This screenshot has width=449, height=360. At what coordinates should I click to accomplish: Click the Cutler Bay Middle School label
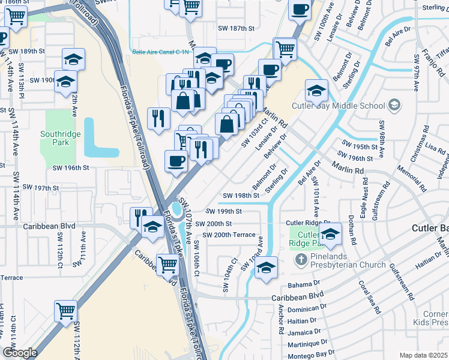(x=338, y=106)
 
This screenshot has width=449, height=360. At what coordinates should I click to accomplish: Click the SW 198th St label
(x=241, y=196)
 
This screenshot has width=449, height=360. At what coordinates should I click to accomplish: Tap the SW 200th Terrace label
(x=229, y=235)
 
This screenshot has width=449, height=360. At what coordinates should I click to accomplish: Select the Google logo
(x=20, y=352)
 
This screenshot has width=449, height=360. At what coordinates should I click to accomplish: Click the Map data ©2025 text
(x=423, y=355)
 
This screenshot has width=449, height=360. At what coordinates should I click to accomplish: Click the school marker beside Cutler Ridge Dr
(x=330, y=233)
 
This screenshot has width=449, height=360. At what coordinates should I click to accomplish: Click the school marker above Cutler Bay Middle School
(x=316, y=90)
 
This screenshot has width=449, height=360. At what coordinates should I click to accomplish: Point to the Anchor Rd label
(x=281, y=322)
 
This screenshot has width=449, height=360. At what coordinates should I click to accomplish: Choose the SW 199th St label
(x=223, y=211)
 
